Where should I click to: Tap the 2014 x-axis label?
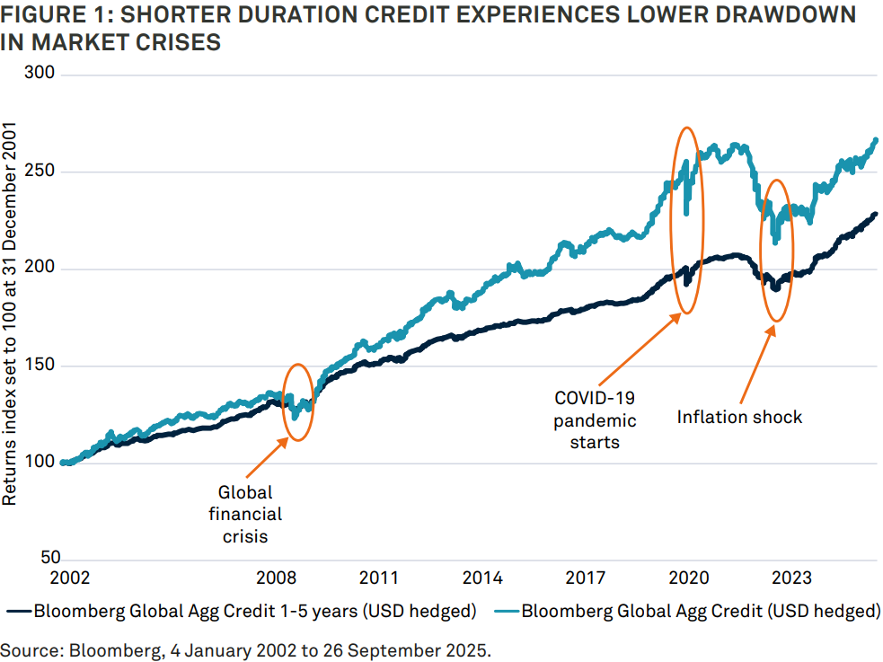[x=483, y=577]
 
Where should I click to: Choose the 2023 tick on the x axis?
[x=791, y=577]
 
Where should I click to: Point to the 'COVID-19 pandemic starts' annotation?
[x=594, y=420]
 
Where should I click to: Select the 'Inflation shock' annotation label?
[x=739, y=417]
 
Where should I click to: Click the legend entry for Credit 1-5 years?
[x=255, y=613]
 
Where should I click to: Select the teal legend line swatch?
[x=503, y=613]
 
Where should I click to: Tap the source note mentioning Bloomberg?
[x=245, y=649]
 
